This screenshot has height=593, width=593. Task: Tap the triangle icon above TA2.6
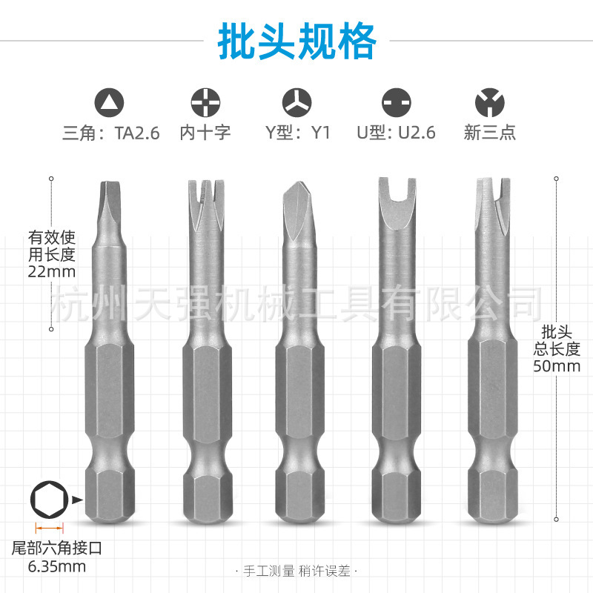(110, 101)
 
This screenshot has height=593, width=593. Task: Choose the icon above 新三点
(489, 101)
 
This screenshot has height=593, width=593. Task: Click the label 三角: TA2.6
(111, 133)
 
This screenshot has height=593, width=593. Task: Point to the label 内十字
(205, 133)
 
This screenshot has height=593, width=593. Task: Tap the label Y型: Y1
(298, 133)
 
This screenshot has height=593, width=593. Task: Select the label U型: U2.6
(396, 133)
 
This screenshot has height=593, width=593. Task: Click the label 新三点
(489, 133)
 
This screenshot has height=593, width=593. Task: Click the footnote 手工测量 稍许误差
(296, 572)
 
